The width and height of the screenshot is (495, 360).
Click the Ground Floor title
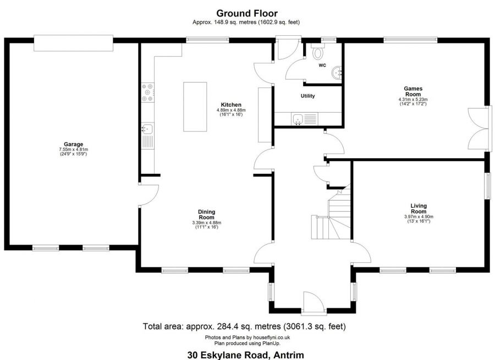(246, 13)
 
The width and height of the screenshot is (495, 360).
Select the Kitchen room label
(231, 105)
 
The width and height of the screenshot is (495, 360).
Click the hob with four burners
(147, 92)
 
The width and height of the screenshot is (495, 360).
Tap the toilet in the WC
(317, 54)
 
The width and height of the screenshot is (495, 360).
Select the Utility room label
(307, 96)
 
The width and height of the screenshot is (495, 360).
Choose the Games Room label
(413, 91)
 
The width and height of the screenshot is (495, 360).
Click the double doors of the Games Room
(477, 128)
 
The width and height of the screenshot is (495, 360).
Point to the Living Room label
(419, 209)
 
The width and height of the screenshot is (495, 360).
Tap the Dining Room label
(207, 214)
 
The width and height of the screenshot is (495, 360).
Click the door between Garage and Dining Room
(148, 195)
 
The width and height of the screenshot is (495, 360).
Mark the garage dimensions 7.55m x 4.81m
(73, 152)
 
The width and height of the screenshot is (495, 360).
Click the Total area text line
(244, 326)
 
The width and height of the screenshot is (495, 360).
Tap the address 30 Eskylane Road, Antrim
(245, 355)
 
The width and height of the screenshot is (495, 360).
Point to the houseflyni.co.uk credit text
(248, 337)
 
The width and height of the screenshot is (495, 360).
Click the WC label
(322, 65)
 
